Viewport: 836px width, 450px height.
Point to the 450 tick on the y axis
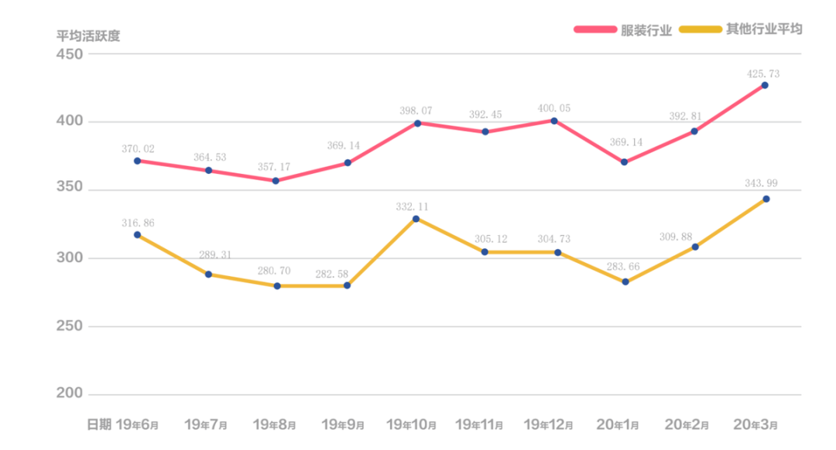69,54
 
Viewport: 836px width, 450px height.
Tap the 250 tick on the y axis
69,326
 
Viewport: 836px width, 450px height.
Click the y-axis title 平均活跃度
88,36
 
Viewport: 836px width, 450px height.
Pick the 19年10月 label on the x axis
411,424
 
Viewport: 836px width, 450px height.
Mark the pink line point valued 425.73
765,85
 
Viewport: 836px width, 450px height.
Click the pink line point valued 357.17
276,181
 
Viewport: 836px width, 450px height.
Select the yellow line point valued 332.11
416,219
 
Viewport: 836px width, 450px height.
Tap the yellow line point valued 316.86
137,234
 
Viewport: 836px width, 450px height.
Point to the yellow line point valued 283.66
625,282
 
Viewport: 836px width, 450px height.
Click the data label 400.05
554,108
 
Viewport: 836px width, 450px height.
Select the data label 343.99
763,183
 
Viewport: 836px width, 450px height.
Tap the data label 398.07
415,111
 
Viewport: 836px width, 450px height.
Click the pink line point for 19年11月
485,131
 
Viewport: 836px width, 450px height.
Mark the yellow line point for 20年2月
695,247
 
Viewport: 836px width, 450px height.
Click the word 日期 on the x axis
98,424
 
